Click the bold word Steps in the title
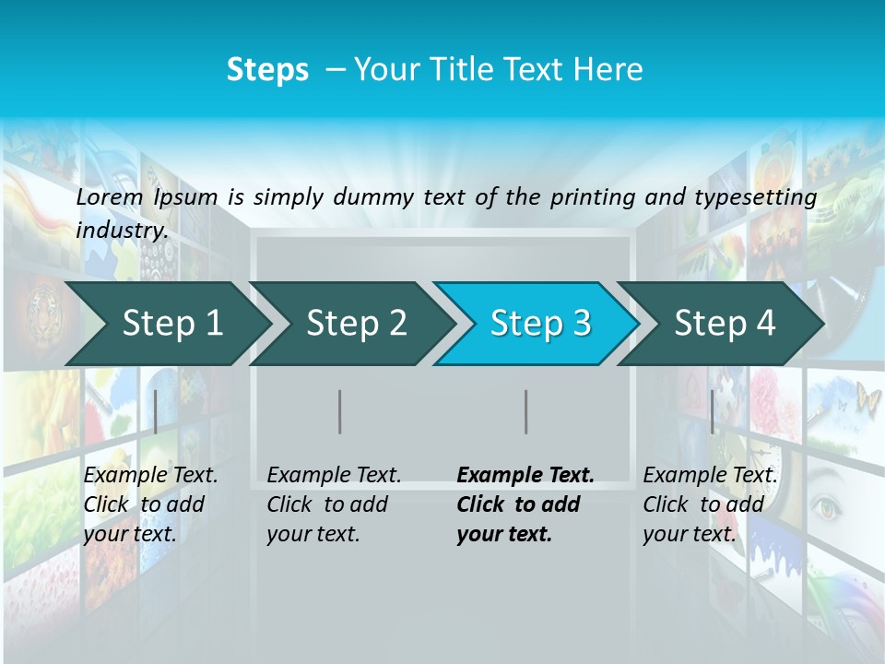pyautogui.click(x=267, y=70)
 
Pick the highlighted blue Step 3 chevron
pyautogui.click(x=540, y=324)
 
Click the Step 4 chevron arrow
pyautogui.click(x=725, y=324)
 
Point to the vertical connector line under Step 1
pyautogui.click(x=156, y=411)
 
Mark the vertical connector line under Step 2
pyautogui.click(x=340, y=411)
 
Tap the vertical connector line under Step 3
pyautogui.click(x=525, y=411)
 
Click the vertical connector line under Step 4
pyautogui.click(x=712, y=411)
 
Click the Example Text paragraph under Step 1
pyautogui.click(x=149, y=504)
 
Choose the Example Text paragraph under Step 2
pyautogui.click(x=333, y=504)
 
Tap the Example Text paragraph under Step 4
pyautogui.click(x=709, y=504)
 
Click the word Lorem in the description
pyautogui.click(x=110, y=196)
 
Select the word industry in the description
pyautogui.click(x=121, y=231)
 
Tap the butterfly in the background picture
pyautogui.click(x=868, y=399)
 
